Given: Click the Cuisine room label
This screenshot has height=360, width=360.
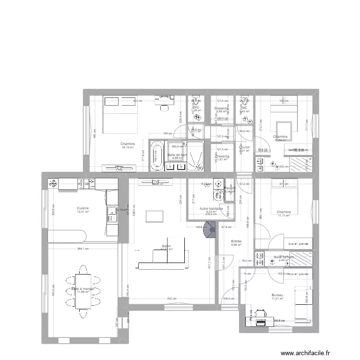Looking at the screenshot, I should pyautogui.click(x=83, y=208).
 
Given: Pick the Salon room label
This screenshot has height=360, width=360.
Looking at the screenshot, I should pyautogui.click(x=166, y=245).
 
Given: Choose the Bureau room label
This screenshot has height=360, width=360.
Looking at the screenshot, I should pyautogui.click(x=277, y=295).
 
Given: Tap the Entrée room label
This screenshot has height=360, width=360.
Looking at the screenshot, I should pyautogui.click(x=236, y=241).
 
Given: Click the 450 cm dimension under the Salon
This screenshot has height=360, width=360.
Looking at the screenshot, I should pyautogui.click(x=169, y=299).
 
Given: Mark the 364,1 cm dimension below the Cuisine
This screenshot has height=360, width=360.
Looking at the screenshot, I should pyautogui.click(x=82, y=249).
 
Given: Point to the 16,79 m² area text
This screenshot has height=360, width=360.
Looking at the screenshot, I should pyautogui.click(x=128, y=148).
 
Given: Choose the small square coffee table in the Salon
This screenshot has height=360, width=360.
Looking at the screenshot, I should pyautogui.click(x=155, y=216).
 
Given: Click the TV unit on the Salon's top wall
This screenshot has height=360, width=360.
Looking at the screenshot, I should pyautogui.click(x=155, y=181).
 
